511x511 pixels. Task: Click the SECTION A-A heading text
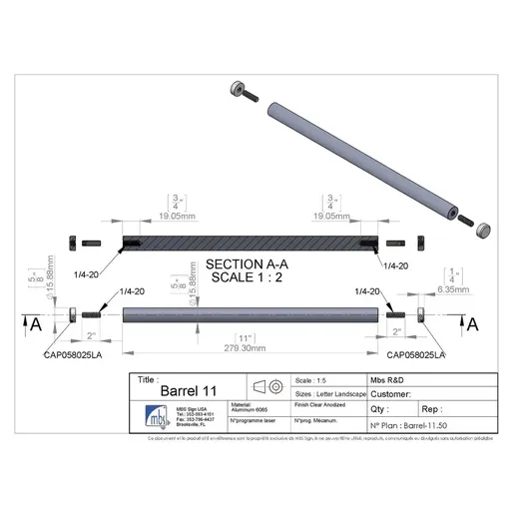[243, 264]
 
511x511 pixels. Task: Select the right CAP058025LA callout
[415, 353]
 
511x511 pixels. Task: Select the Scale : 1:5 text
[317, 380]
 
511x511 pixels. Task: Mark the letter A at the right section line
[473, 323]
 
